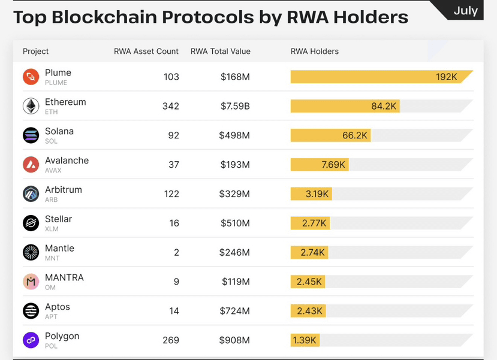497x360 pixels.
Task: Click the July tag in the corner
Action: pos(465,10)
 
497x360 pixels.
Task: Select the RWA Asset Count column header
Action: pos(146,52)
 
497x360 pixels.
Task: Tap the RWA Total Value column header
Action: pos(220,52)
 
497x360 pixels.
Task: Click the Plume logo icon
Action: pos(31,77)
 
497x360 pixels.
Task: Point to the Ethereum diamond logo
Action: pos(31,106)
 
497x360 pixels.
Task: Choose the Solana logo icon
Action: pos(31,135)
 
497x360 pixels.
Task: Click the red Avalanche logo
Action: pos(31,165)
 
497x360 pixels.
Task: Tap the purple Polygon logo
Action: pos(31,340)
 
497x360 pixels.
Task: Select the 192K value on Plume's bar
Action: pos(447,77)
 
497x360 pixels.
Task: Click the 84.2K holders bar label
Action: pos(384,106)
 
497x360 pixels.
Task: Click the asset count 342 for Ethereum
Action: pos(170,106)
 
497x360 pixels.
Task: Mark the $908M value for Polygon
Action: pos(234,340)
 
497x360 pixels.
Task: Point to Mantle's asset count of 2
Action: pos(176,252)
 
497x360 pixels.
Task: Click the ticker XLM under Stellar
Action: pos(52,229)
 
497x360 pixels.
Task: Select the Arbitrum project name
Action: pos(64,190)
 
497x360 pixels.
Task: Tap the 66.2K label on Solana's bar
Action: pos(355,135)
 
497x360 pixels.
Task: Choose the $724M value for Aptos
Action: pos(234,311)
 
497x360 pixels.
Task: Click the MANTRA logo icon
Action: pos(31,282)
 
